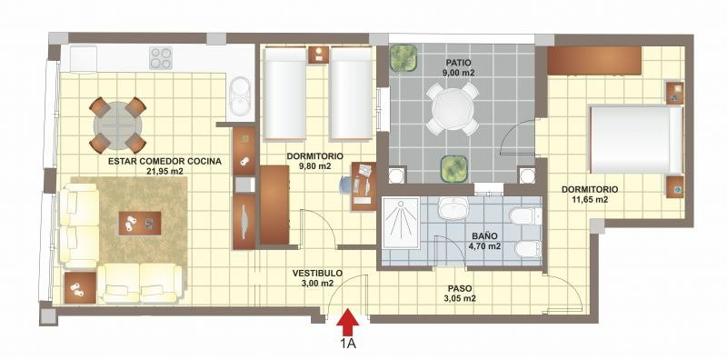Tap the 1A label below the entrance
click(x=348, y=344)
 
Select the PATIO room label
click(x=459, y=62)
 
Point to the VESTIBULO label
click(x=317, y=274)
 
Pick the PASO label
click(x=460, y=288)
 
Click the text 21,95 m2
click(x=164, y=171)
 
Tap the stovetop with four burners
click(x=161, y=58)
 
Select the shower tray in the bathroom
click(x=400, y=224)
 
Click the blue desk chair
click(x=347, y=185)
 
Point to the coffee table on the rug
click(x=140, y=223)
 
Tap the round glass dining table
click(x=117, y=125)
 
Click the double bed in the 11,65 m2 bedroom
click(x=635, y=140)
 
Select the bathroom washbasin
click(x=453, y=208)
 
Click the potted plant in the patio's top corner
click(x=403, y=58)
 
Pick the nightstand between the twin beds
click(x=318, y=55)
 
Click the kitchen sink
click(x=240, y=96)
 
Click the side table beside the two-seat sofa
click(x=80, y=287)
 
